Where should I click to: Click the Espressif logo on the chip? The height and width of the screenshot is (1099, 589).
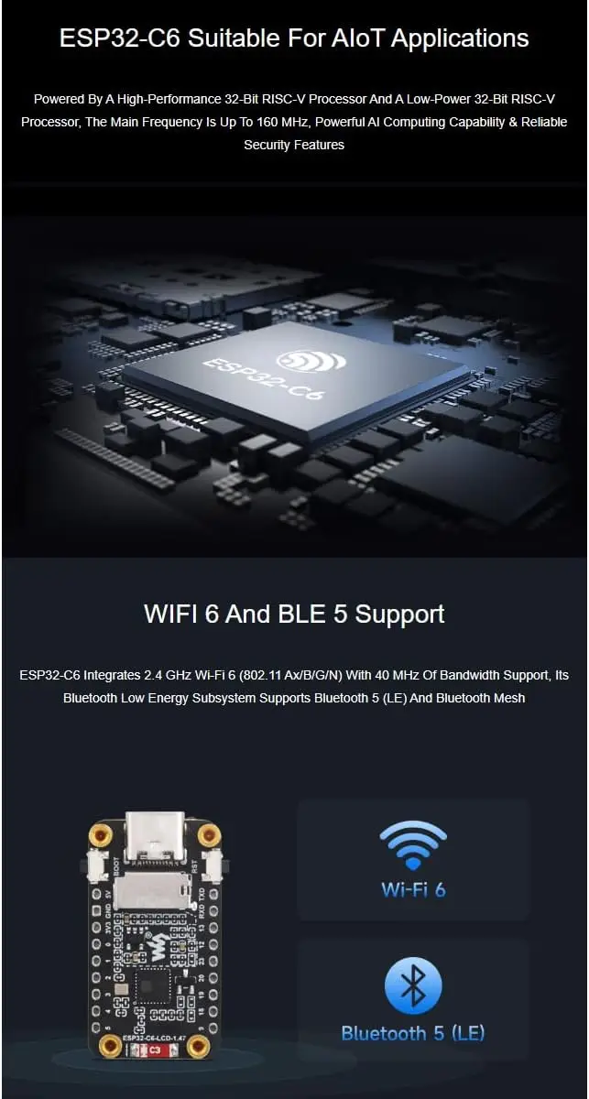tap(312, 360)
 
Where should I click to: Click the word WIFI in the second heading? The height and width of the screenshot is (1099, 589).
tap(176, 614)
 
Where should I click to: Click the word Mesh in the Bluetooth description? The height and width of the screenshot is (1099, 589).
tap(507, 699)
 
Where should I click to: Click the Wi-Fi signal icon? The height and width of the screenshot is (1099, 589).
tap(413, 844)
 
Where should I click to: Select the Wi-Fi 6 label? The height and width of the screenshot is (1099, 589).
tap(413, 889)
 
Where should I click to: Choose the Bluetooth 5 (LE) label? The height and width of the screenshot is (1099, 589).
tap(413, 1033)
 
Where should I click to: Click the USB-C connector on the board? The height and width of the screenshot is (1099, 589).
tap(155, 840)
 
